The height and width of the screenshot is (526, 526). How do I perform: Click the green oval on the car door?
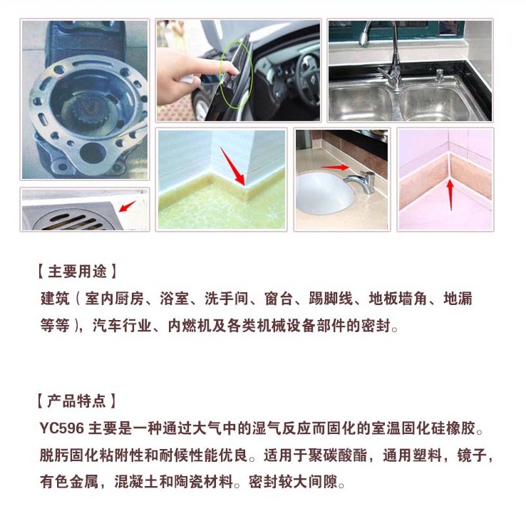click(235, 71)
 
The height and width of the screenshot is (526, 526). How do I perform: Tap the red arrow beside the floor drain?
click(127, 207)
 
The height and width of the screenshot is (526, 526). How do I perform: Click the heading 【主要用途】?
click(76, 272)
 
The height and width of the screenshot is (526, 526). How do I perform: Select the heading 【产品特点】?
click(76, 401)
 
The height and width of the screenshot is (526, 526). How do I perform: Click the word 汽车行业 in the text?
click(122, 326)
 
